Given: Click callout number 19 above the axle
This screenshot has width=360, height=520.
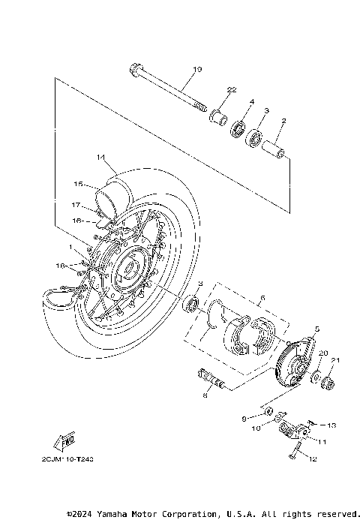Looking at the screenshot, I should click(x=197, y=70).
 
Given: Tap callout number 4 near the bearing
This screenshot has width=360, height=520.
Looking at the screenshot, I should click(x=252, y=101).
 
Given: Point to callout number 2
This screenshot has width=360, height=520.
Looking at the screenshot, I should click(x=283, y=120).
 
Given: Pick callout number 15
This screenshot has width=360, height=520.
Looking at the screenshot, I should click(x=77, y=184).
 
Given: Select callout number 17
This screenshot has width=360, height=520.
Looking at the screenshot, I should click(x=76, y=204).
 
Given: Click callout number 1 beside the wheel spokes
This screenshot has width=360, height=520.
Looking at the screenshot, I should click(x=70, y=247).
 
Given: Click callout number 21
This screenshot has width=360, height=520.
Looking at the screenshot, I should click(x=336, y=360).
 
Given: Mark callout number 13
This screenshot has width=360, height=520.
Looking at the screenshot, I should click(x=332, y=424).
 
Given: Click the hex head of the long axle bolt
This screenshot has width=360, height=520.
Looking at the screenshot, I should click(x=134, y=73).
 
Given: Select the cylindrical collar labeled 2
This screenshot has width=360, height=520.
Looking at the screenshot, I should click(x=273, y=146).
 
